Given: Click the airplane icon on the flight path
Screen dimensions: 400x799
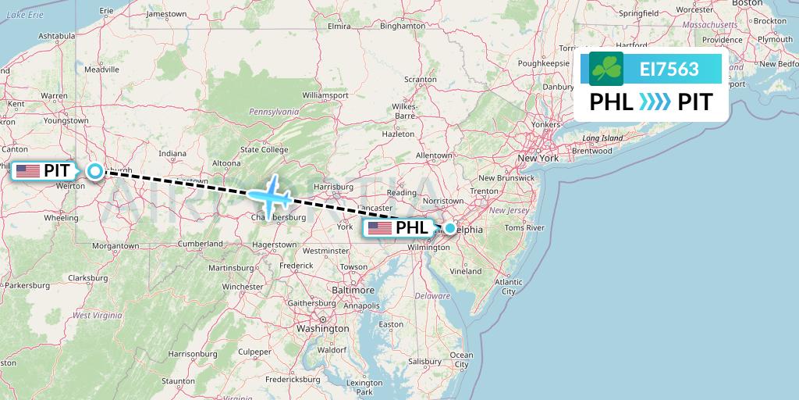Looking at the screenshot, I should click(270, 195).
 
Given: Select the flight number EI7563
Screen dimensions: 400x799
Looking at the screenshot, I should click(669, 70).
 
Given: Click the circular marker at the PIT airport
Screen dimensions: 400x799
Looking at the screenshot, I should click(94, 171).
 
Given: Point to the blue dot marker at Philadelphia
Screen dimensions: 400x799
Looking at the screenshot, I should click(450, 228).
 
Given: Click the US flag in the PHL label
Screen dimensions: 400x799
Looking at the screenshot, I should click(379, 228).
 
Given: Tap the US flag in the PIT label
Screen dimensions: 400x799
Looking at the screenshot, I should click(27, 171).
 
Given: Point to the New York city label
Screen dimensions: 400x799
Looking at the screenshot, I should click(538, 158).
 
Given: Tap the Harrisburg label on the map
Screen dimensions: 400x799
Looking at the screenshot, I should click(333, 187).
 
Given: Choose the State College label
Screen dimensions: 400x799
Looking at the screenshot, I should click(265, 149).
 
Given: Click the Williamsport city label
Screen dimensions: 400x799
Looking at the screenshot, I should click(325, 95).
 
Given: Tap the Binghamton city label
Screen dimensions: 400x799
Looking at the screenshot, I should click(400, 26).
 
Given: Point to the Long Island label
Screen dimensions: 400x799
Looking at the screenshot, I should click(602, 138).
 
